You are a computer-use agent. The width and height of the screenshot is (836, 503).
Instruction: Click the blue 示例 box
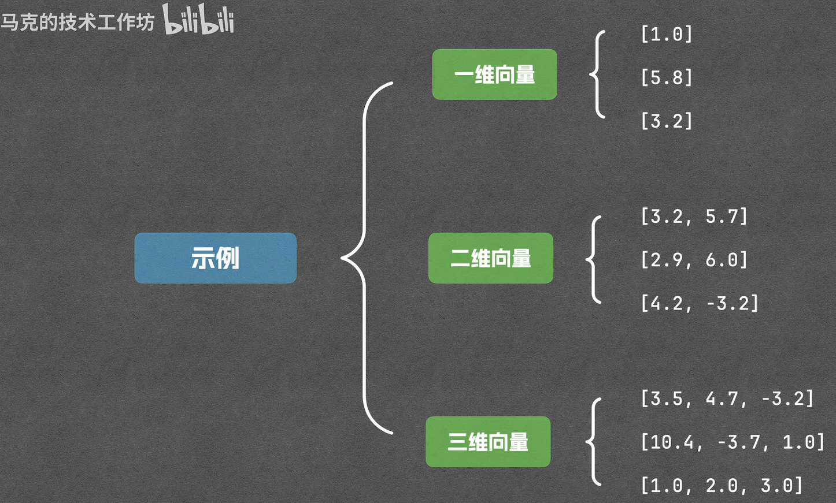[x=215, y=258]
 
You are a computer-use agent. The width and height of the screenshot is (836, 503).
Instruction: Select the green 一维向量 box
[x=494, y=74]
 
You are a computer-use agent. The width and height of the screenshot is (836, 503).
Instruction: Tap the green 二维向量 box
[x=490, y=258]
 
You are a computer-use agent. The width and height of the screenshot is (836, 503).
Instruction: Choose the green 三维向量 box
[x=488, y=442]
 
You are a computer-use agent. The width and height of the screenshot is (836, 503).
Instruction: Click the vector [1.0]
[x=666, y=34]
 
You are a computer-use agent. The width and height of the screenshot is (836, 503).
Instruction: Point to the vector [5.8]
[x=666, y=77]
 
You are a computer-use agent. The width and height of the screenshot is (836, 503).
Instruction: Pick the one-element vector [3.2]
[x=666, y=121]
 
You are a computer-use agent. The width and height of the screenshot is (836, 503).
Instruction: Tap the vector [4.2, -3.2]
[x=699, y=303]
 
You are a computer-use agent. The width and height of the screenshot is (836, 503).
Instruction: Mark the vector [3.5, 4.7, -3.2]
[x=727, y=398]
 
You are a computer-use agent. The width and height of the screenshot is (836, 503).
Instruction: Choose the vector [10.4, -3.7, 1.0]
[x=732, y=442]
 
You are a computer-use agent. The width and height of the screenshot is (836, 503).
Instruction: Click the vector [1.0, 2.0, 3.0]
[x=722, y=486]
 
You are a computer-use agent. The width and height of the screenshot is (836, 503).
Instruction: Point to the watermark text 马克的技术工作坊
[x=77, y=23]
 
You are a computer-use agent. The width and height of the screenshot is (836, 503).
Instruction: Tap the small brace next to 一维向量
[x=597, y=74]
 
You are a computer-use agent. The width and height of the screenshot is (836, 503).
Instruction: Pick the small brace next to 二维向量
[x=594, y=259]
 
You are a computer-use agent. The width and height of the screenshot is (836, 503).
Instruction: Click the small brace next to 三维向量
[x=594, y=442]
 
